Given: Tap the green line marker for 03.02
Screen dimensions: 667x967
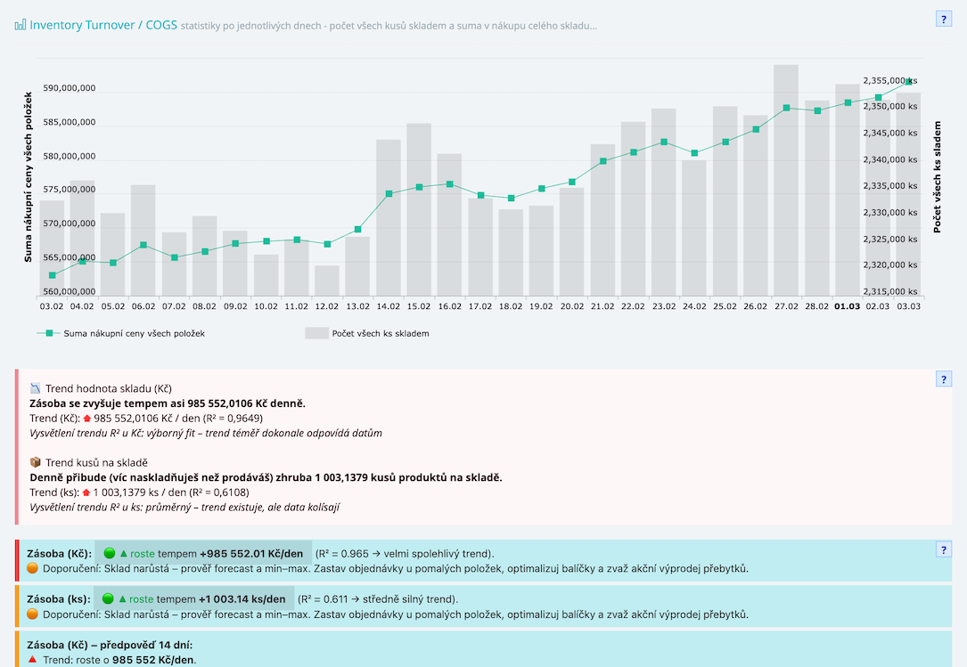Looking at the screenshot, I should click(x=52, y=275).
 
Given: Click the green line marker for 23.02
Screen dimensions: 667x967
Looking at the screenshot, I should click(x=664, y=142).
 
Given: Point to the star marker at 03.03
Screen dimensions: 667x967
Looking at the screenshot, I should click(x=908, y=82).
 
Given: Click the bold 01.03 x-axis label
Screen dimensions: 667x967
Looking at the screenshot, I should click(x=847, y=306).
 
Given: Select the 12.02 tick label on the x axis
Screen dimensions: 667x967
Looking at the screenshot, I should click(x=327, y=306).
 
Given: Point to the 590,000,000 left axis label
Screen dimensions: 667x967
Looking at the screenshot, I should click(x=69, y=89).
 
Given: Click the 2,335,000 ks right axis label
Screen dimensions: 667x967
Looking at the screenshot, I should click(x=889, y=186).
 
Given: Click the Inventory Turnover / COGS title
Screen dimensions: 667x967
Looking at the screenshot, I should click(x=102, y=25).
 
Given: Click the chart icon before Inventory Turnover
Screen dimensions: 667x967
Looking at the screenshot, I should click(x=20, y=25).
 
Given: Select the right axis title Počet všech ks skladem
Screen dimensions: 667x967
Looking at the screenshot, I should click(x=937, y=177).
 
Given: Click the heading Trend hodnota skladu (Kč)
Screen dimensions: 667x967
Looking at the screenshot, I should click(x=109, y=388).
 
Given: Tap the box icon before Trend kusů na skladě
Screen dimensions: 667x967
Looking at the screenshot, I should click(x=36, y=462).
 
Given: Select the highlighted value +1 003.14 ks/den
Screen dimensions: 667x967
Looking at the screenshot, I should click(x=242, y=599).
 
